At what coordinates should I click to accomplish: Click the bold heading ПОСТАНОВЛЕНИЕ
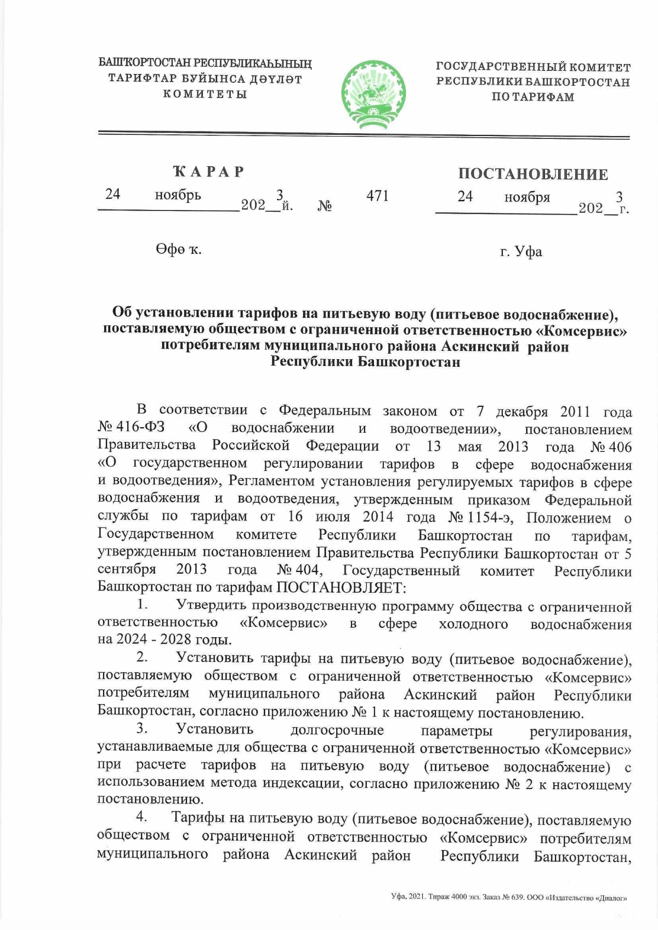click(533, 174)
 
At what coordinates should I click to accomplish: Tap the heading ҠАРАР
click(208, 172)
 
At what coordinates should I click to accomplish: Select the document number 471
click(377, 196)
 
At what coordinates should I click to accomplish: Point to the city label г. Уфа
click(521, 252)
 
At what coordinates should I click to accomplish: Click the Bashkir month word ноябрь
click(178, 195)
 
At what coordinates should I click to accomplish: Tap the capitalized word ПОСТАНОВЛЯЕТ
click(339, 587)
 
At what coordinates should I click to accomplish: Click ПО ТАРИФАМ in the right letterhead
click(532, 97)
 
